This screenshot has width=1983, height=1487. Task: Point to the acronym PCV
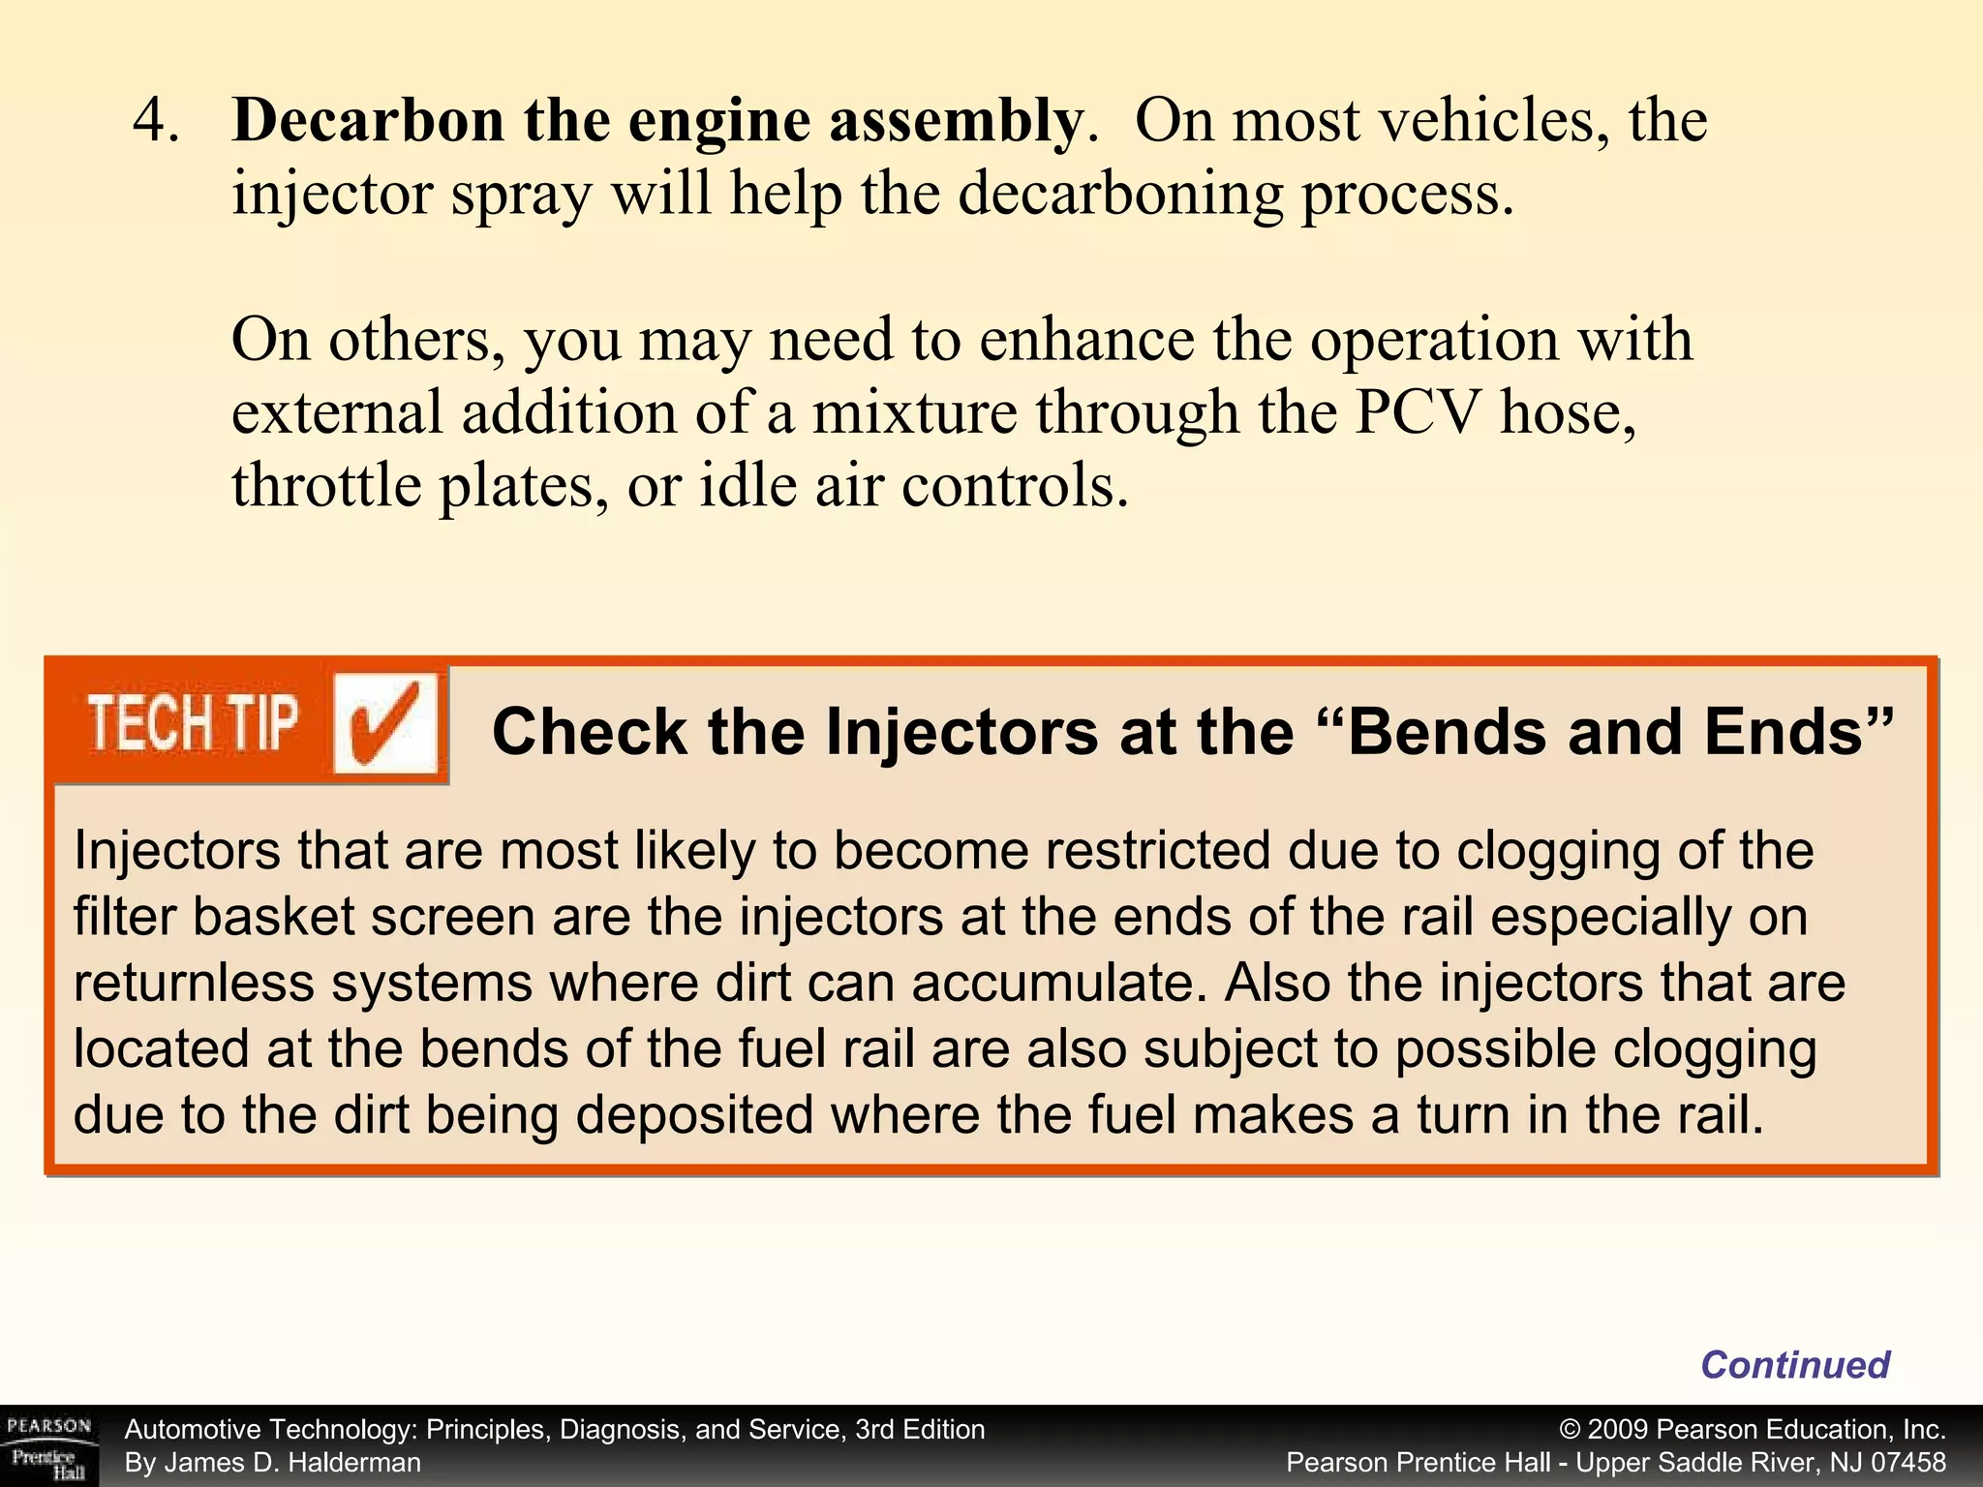tap(1417, 413)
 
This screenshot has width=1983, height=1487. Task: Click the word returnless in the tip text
tap(194, 984)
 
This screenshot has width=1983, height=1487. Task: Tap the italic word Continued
tap(1795, 1365)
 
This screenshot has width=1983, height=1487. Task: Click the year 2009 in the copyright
tap(1619, 1430)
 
